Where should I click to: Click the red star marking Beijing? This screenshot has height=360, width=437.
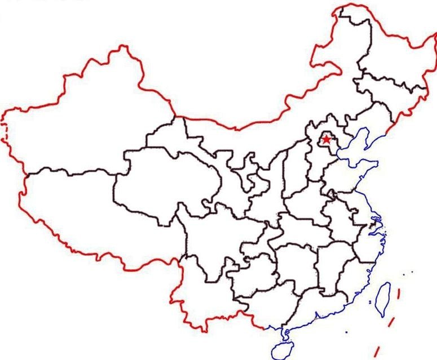326,139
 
